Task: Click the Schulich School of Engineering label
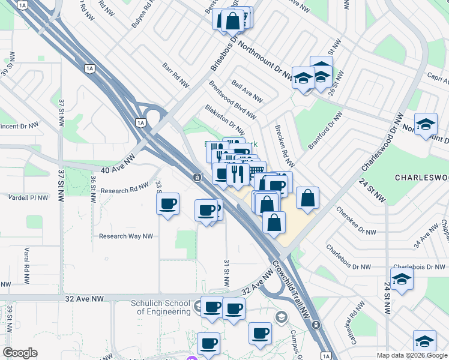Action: (x=161, y=307)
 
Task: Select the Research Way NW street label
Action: (x=126, y=236)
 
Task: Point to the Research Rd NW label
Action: (x=124, y=189)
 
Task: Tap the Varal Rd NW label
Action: (x=26, y=260)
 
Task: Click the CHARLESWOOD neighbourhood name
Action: (x=422, y=178)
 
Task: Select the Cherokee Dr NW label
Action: (x=357, y=222)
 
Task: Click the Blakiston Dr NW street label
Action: (x=224, y=120)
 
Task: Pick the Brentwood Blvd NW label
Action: (x=233, y=99)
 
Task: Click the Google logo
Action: (x=20, y=353)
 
